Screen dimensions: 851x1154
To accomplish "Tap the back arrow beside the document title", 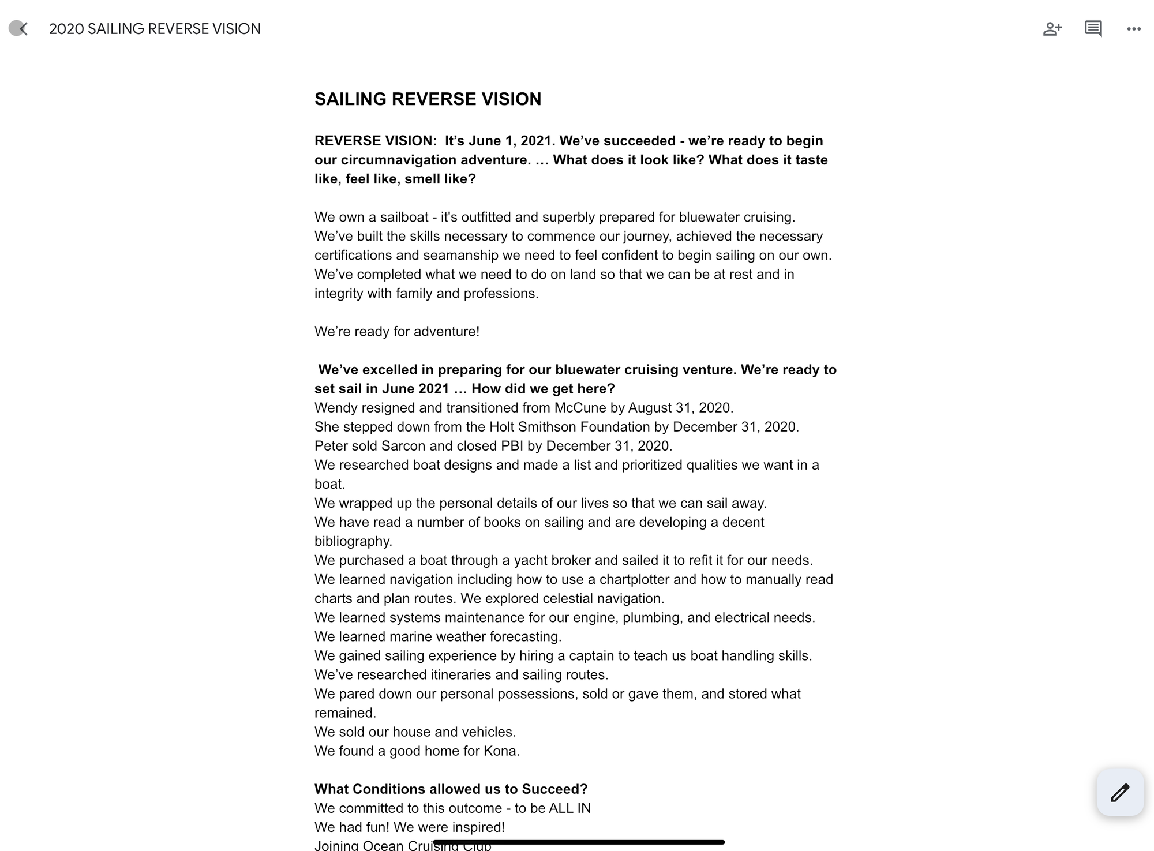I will click(19, 28).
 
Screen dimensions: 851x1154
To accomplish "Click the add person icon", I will click(1052, 29).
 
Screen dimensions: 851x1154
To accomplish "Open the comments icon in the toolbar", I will click(1093, 29).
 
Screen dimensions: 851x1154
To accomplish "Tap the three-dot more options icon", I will click(1133, 29).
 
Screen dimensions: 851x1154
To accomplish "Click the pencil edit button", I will click(1120, 792).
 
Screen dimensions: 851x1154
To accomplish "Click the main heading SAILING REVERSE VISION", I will click(428, 99).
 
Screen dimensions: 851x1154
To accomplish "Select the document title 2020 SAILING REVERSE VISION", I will click(155, 29).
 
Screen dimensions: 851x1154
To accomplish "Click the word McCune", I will click(580, 408).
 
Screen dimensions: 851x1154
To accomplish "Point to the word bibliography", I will click(352, 541).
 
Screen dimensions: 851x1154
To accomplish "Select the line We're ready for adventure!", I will click(397, 332).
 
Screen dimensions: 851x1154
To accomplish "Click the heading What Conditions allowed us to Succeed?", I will click(451, 789).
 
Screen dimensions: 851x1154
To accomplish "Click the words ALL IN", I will click(569, 808).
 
